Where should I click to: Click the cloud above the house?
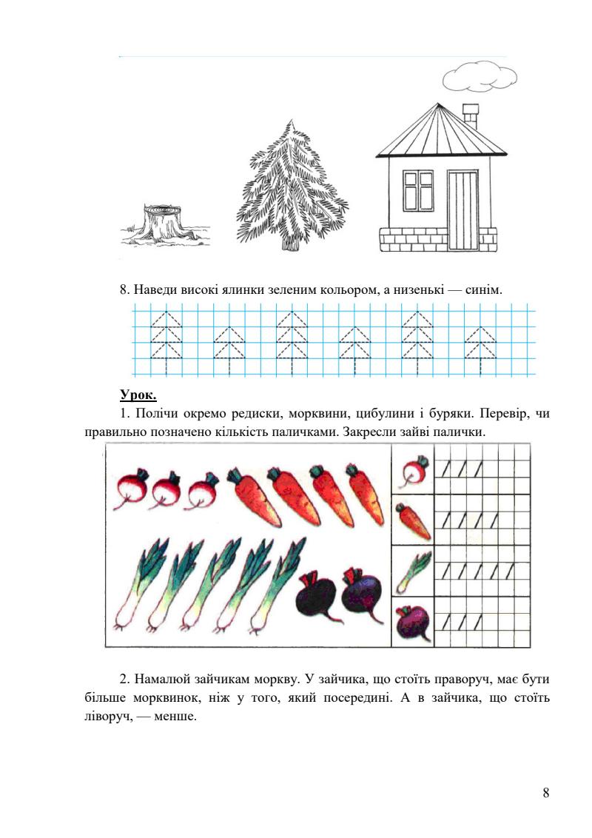click(479, 76)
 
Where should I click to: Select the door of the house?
click(462, 210)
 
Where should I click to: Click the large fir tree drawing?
click(292, 189)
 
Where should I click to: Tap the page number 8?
click(546, 793)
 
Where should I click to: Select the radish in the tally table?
click(413, 471)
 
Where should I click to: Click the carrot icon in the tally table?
click(413, 520)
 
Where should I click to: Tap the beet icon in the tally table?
click(413, 622)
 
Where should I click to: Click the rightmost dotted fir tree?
click(481, 346)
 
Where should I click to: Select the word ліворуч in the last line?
click(107, 716)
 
